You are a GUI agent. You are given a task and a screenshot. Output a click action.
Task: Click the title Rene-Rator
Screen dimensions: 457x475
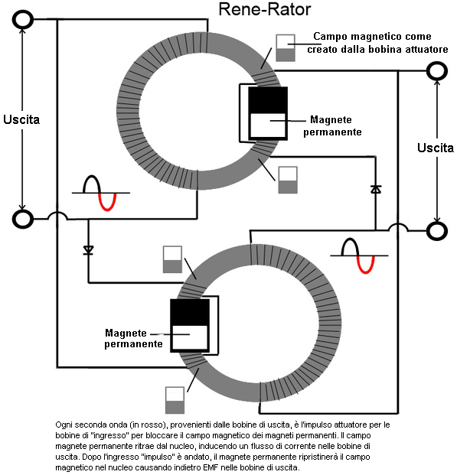click(264, 9)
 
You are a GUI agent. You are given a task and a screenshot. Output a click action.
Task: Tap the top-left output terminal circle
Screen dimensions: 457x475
click(23, 19)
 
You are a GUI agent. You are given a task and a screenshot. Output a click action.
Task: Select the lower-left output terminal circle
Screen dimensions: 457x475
click(23, 219)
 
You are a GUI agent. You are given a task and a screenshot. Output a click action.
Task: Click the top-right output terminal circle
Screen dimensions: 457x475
click(437, 71)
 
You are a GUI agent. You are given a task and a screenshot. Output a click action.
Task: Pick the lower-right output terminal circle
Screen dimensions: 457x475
click(437, 231)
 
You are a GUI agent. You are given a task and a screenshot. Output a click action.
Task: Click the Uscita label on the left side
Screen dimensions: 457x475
click(21, 119)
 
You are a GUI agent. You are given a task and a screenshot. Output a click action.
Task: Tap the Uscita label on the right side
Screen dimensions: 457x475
click(436, 148)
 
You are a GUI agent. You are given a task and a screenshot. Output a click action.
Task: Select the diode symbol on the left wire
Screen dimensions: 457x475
click(88, 250)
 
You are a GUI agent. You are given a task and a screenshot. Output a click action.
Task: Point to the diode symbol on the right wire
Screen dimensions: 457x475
click(376, 190)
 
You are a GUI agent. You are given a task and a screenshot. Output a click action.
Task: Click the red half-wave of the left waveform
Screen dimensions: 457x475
click(108, 202)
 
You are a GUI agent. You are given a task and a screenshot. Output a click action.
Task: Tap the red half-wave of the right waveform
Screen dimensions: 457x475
click(366, 265)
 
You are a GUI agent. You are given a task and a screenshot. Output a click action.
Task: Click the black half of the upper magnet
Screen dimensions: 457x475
click(268, 100)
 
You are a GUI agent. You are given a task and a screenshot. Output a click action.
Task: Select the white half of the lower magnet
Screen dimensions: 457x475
click(190, 338)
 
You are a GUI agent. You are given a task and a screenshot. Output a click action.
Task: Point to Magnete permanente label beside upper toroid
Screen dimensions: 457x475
click(332, 125)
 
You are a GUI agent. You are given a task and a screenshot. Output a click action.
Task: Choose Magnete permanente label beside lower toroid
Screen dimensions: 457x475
click(133, 338)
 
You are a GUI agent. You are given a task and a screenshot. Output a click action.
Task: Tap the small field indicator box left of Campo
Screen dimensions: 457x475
click(286, 48)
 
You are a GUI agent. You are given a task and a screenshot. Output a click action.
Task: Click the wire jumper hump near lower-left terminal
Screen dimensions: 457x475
click(57, 216)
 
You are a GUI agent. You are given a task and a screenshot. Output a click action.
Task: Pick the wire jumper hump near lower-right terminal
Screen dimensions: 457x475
click(398, 227)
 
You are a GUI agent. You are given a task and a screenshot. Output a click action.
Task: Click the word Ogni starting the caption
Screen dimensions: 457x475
click(64, 425)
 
